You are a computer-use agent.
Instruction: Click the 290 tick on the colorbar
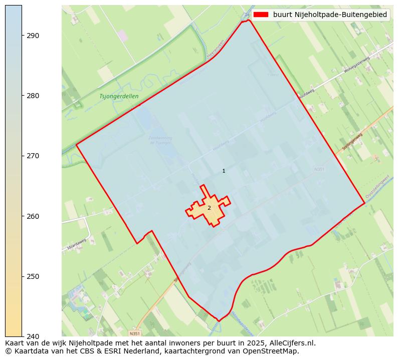click(33, 36)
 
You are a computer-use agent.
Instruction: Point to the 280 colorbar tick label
click(33, 96)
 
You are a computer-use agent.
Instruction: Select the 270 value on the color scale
click(33, 156)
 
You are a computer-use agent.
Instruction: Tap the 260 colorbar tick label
click(33, 216)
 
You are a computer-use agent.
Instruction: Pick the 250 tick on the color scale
click(33, 276)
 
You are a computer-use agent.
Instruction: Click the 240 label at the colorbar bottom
click(33, 336)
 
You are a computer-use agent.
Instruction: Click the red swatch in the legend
click(261, 15)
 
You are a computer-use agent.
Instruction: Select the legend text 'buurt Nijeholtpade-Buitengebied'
click(330, 15)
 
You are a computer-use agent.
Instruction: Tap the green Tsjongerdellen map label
click(119, 96)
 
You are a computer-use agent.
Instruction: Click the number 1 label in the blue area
click(224, 171)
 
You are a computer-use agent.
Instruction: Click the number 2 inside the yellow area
click(209, 208)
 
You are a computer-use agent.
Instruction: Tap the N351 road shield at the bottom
click(134, 333)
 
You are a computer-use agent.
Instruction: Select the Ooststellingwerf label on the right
click(380, 186)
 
